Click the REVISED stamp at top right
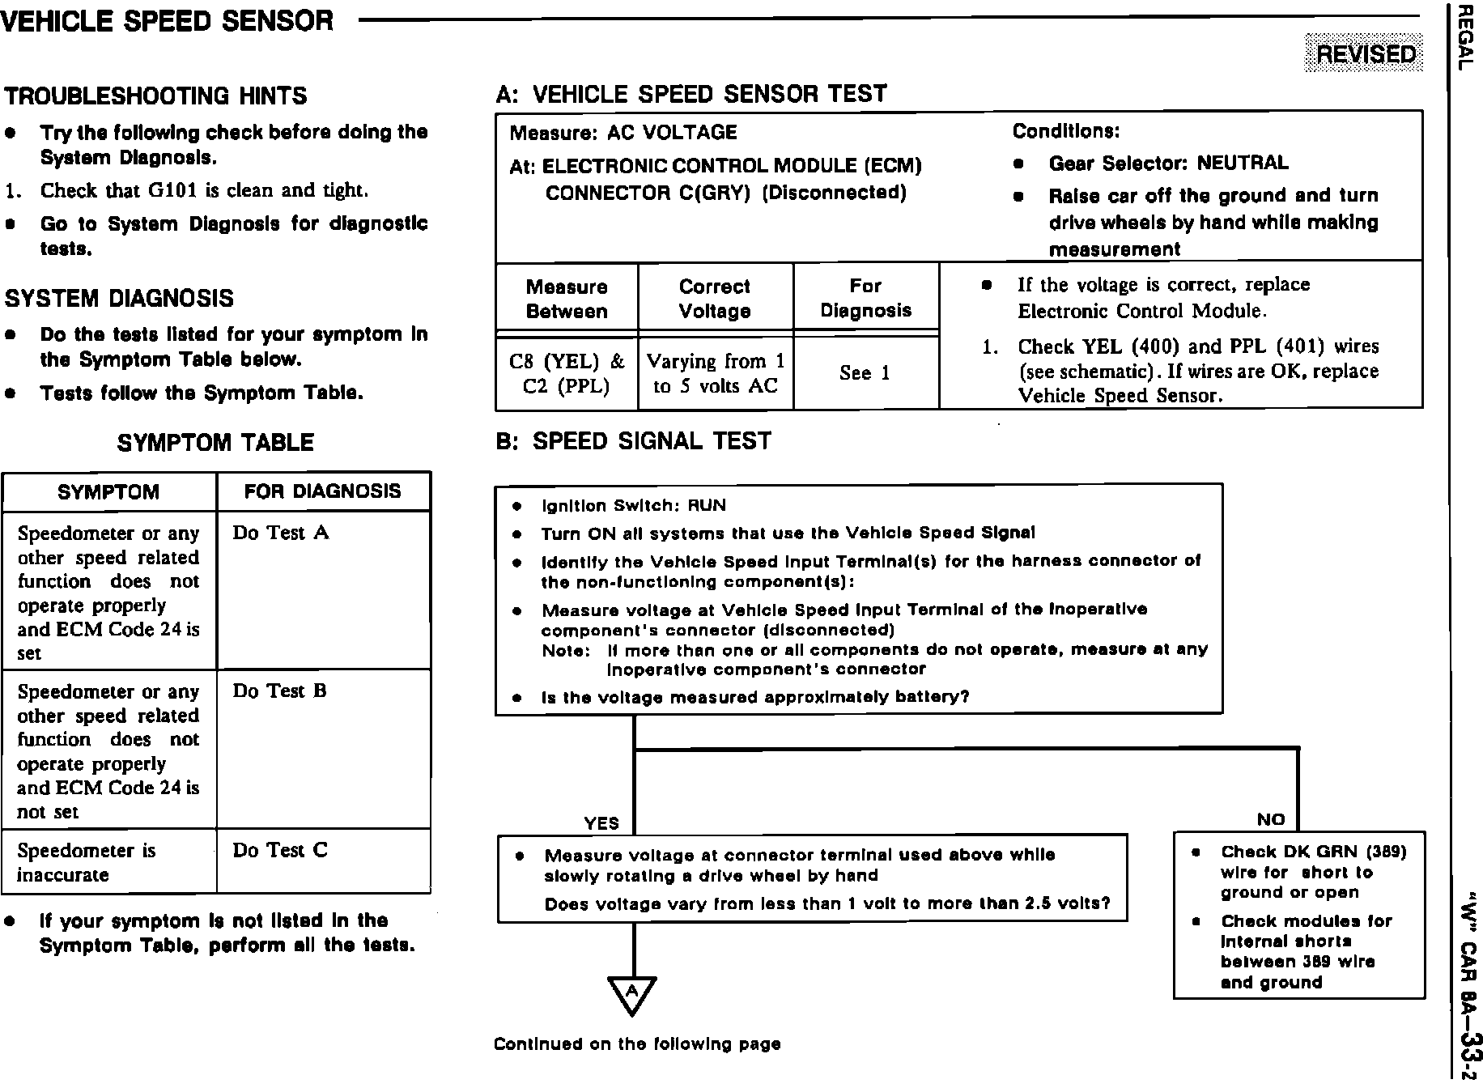coord(1365,53)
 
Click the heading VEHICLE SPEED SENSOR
coord(168,21)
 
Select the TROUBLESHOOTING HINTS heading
coord(156,96)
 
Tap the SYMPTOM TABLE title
coord(215,443)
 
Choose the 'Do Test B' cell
coord(280,691)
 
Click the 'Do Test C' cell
coord(280,850)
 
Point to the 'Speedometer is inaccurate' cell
coord(86,862)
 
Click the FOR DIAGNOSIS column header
coord(322,491)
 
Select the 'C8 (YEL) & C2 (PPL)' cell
coord(567,373)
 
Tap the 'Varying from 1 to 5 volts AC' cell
coord(716,373)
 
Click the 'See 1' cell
coord(865,373)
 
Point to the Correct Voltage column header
coord(715,299)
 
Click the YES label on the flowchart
coord(601,823)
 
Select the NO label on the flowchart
coord(1270,819)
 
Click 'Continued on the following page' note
coord(637,1044)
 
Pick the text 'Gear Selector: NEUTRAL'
coord(1167,164)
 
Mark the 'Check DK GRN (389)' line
coord(1313,852)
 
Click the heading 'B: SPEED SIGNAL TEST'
coord(633,441)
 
